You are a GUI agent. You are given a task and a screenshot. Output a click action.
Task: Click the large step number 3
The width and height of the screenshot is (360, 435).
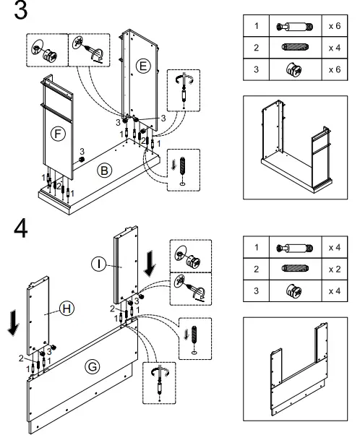pyautogui.click(x=20, y=9)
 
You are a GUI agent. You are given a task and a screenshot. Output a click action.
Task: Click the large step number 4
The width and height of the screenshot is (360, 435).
pyautogui.click(x=21, y=228)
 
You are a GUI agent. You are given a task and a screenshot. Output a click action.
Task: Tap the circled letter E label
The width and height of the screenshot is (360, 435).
pyautogui.click(x=143, y=66)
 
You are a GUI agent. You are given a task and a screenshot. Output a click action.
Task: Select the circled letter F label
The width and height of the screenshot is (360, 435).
pyautogui.click(x=58, y=134)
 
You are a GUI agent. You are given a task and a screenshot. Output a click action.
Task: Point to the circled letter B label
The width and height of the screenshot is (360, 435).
pyautogui.click(x=104, y=171)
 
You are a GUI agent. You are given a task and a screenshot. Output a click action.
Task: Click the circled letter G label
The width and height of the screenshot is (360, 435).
pyautogui.click(x=92, y=367)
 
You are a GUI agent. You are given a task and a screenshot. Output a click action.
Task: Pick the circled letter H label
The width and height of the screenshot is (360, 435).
pyautogui.click(x=67, y=309)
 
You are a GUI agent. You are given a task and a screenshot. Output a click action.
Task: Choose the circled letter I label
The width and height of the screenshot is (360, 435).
pyautogui.click(x=98, y=264)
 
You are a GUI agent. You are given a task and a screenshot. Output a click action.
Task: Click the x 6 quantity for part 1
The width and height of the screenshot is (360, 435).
pyautogui.click(x=335, y=26)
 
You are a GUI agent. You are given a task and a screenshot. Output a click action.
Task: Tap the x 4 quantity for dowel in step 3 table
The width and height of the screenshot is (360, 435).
pyautogui.click(x=335, y=48)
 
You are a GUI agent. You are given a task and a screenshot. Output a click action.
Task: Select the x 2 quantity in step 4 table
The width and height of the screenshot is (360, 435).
pyautogui.click(x=335, y=269)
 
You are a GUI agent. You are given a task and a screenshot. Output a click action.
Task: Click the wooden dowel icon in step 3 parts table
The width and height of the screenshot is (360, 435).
pyautogui.click(x=295, y=47)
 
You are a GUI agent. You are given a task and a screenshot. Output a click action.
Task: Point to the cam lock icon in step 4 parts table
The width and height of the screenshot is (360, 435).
pyautogui.click(x=294, y=291)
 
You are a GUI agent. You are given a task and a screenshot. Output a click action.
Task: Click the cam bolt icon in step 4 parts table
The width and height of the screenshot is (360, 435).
pyautogui.click(x=295, y=248)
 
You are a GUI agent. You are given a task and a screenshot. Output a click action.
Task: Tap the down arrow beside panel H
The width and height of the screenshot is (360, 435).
pyautogui.click(x=13, y=323)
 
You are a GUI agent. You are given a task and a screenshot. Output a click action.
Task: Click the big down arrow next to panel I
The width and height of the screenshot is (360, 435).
pyautogui.click(x=150, y=263)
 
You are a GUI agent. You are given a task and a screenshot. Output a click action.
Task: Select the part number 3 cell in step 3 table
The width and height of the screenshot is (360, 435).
pyautogui.click(x=256, y=69)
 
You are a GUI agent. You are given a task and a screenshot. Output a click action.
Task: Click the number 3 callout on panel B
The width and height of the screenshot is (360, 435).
pyautogui.click(x=82, y=152)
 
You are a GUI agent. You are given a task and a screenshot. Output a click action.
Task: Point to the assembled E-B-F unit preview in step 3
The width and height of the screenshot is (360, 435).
pyautogui.click(x=296, y=147)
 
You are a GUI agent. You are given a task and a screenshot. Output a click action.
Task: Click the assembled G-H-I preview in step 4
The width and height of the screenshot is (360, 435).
pyautogui.click(x=299, y=369)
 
